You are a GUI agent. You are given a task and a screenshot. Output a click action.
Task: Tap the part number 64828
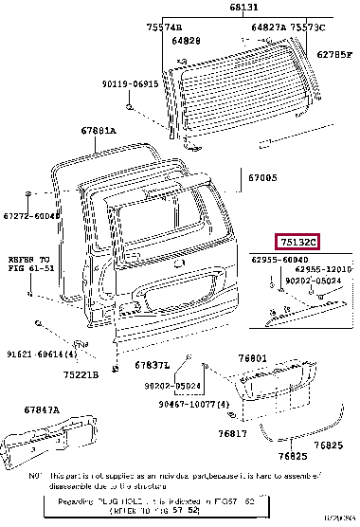[x=186, y=41]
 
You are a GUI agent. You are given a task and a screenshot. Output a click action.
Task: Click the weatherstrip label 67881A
[x=99, y=131]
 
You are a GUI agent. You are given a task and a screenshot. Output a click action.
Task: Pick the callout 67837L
[x=152, y=365]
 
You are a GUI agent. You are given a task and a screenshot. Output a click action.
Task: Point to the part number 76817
[x=231, y=433]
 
